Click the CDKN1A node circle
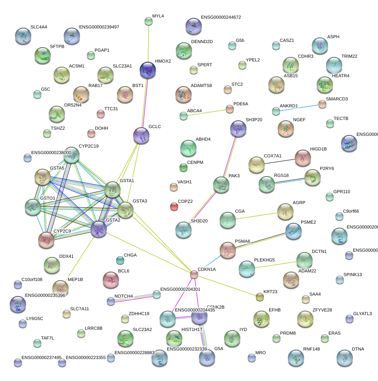194,274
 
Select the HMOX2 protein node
148,70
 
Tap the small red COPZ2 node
174,207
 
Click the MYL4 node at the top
149,21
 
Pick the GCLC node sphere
141,135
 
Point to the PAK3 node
221,185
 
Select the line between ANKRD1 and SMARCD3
299,107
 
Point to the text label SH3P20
254,120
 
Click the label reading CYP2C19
89,146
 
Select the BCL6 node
110,279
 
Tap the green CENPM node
183,167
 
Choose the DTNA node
345,358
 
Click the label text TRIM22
349,57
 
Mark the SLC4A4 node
23,36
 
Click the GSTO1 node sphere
32,207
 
